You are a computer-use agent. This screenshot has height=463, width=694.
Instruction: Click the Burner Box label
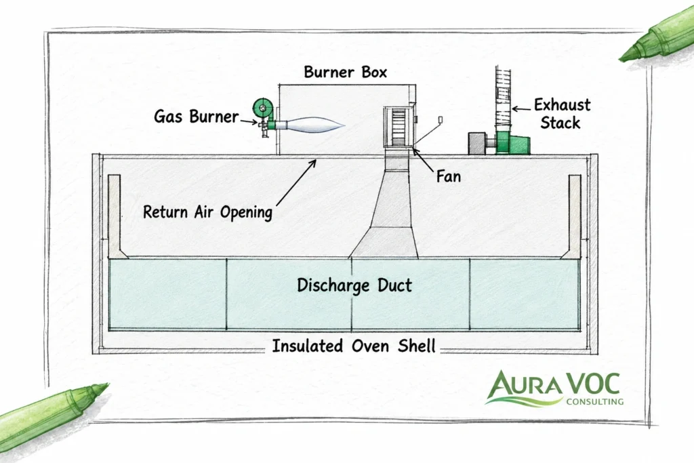(345, 72)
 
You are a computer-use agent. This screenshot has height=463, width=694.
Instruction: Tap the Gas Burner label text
(196, 117)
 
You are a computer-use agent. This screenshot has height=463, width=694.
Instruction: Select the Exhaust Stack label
(562, 114)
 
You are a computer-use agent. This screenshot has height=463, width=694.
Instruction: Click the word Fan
(449, 177)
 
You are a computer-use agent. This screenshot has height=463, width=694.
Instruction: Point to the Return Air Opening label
(207, 212)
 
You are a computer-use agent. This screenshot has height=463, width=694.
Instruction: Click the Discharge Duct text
(354, 285)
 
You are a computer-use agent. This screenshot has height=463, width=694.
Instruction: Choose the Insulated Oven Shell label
(354, 346)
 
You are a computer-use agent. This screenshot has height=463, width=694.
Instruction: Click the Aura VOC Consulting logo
(555, 388)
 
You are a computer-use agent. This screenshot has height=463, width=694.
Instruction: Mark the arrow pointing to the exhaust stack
(521, 108)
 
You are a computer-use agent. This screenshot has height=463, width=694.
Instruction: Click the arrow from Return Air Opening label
(296, 182)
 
